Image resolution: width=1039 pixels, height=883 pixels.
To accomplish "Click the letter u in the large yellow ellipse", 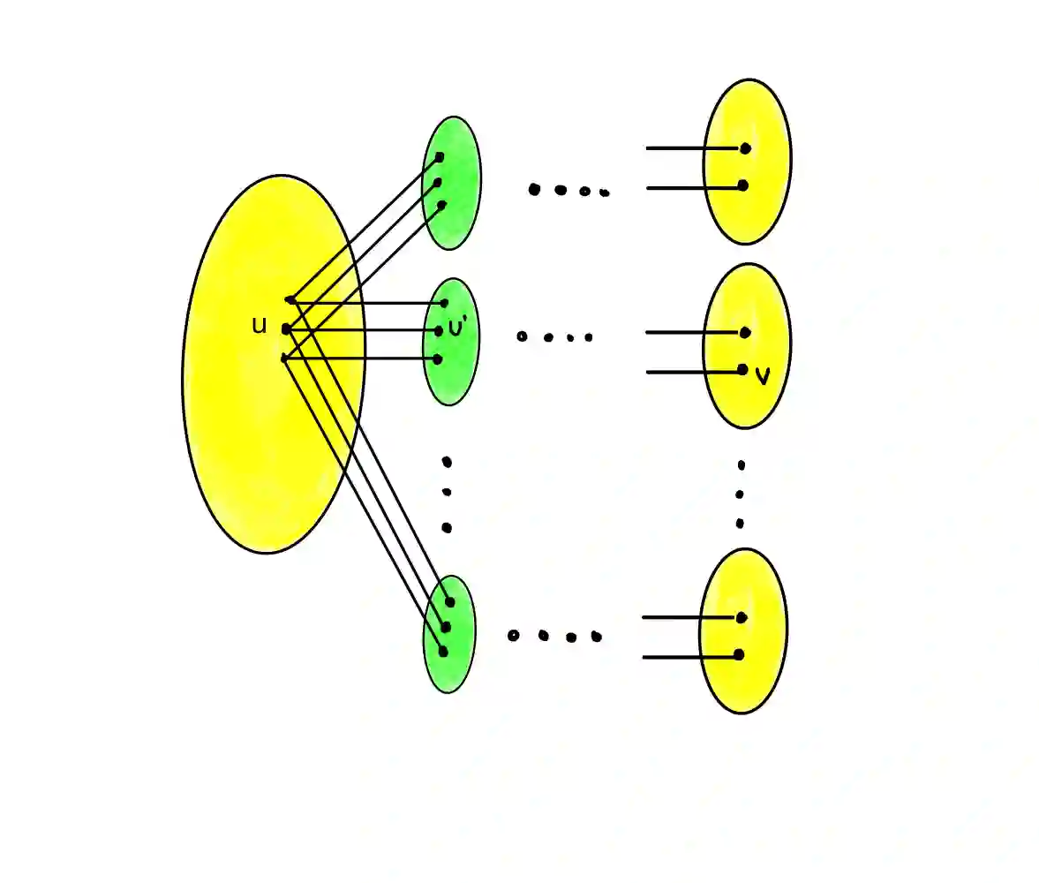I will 259,326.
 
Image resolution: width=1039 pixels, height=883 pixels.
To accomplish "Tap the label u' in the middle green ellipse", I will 456,328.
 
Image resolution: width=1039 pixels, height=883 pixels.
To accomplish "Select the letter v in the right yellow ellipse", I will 764,376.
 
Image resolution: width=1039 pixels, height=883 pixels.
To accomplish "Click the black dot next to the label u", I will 285,329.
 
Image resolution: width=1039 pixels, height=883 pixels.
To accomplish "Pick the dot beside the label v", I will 742,369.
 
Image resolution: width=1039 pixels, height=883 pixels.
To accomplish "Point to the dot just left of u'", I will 439,331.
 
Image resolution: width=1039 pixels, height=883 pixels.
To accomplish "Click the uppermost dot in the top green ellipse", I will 440,157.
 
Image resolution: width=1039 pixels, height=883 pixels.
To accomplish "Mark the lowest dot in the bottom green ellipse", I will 443,652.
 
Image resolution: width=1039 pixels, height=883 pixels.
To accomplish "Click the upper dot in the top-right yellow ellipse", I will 745,148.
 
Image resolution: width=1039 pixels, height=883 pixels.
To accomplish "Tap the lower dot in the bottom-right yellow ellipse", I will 738,655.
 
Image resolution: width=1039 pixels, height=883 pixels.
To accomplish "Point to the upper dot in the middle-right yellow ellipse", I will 745,333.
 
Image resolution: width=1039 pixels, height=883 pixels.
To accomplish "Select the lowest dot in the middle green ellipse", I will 437,359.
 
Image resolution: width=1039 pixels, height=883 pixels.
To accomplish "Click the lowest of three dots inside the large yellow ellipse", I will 283,358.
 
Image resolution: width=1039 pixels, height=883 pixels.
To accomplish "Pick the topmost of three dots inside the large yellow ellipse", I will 290,300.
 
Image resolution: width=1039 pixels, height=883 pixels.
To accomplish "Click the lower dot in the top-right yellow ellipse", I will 742,185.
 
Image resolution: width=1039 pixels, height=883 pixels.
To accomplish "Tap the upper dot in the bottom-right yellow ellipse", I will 741,617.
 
